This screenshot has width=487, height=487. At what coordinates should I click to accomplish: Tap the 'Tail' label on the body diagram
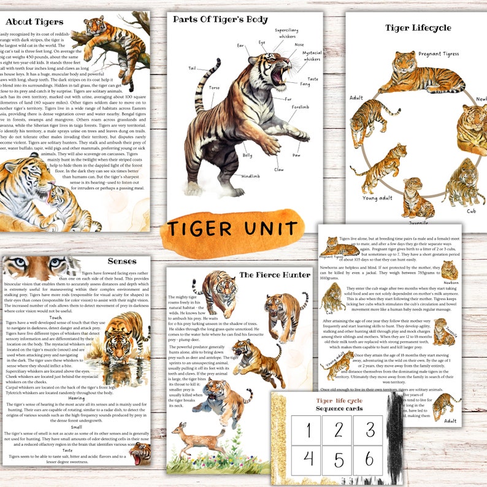pyautogui.click(x=192, y=68)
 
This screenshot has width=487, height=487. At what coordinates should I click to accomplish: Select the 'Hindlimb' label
pyautogui.click(x=250, y=176)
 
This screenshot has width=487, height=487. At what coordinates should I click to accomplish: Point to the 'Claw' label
pyautogui.click(x=279, y=169)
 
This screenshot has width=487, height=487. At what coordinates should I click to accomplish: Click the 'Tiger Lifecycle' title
pyautogui.click(x=418, y=28)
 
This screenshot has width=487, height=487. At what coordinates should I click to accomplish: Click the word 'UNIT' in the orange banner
pyautogui.click(x=262, y=228)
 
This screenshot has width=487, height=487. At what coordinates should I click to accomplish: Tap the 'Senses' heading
pyautogui.click(x=122, y=261)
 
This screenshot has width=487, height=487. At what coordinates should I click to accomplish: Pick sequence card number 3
pyautogui.click(x=369, y=429)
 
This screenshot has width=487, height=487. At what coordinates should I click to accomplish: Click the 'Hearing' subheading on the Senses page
pyautogui.click(x=76, y=398)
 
